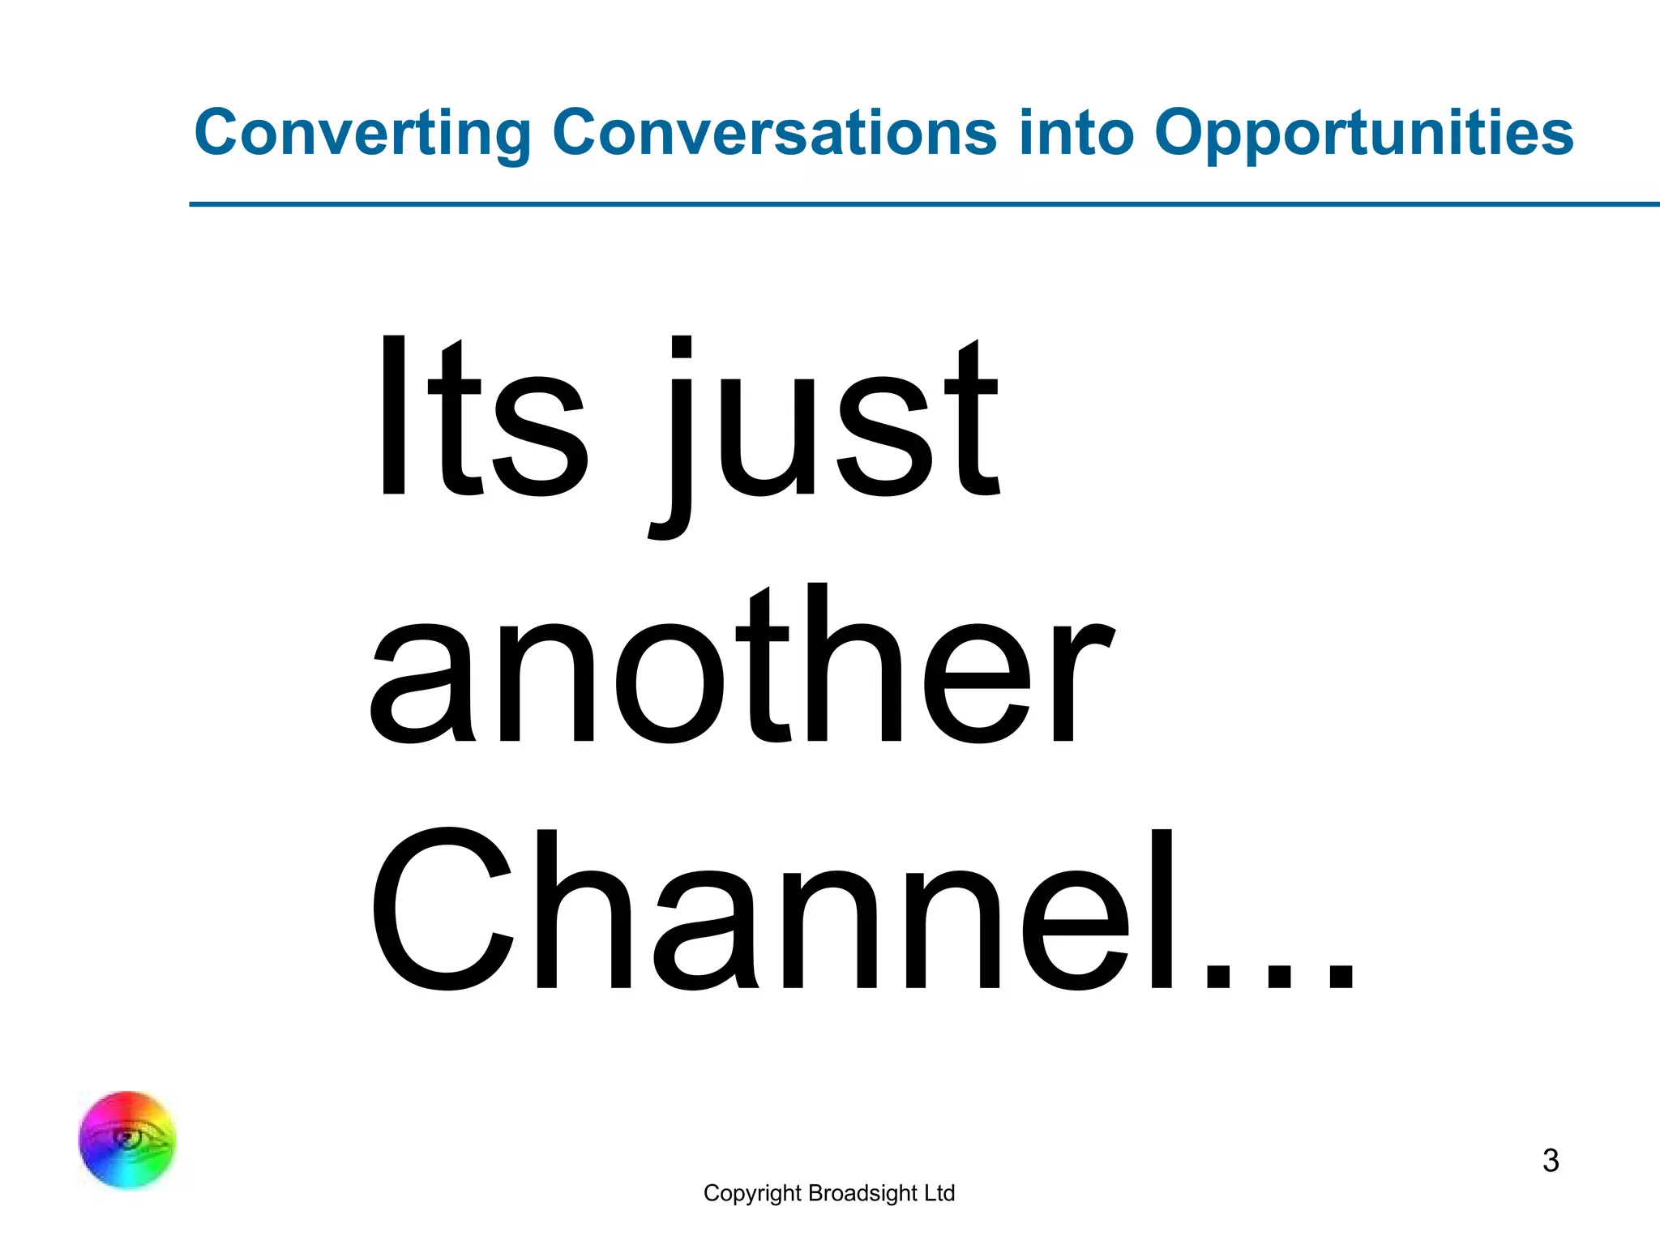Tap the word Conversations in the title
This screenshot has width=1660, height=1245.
click(774, 134)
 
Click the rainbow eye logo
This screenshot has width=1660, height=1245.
click(127, 1140)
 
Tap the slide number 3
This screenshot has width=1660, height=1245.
click(1551, 1161)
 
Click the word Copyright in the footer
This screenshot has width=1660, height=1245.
click(752, 1194)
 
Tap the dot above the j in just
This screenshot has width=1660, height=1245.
click(682, 346)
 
